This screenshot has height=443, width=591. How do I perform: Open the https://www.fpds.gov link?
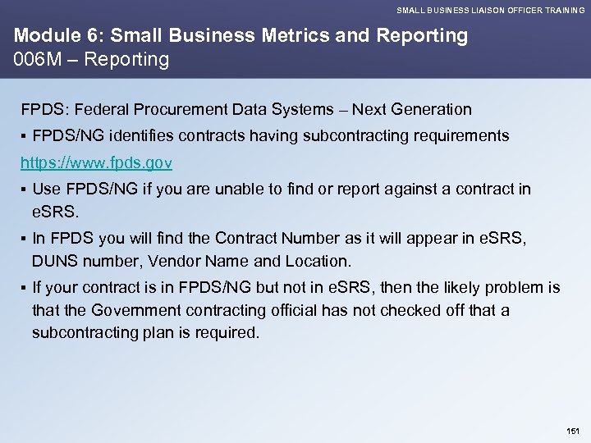[x=96, y=163]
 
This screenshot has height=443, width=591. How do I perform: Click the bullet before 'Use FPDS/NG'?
[x=25, y=190]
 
